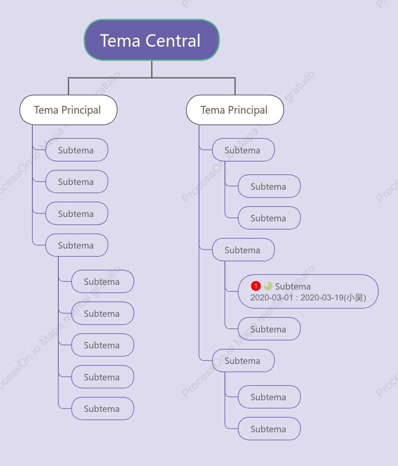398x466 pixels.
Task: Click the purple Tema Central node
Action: click(x=152, y=40)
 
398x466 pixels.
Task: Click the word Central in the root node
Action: click(x=173, y=41)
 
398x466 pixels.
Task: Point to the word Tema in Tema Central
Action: click(x=120, y=41)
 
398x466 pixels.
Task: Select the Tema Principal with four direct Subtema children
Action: click(x=69, y=110)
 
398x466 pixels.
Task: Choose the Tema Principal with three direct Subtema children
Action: click(x=235, y=110)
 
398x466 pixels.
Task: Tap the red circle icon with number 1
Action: click(x=256, y=286)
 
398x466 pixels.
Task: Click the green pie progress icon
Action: click(x=268, y=286)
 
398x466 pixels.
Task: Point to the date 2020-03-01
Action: click(x=272, y=297)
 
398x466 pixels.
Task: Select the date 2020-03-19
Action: click(x=322, y=297)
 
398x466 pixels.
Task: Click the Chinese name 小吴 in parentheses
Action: click(x=355, y=297)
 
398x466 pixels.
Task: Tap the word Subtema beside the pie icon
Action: click(x=293, y=287)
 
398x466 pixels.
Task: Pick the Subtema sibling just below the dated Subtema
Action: click(x=269, y=329)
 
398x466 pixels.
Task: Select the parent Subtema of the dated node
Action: click(x=243, y=250)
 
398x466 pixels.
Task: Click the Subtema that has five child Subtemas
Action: click(x=77, y=245)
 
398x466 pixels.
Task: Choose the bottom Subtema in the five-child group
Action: click(x=103, y=409)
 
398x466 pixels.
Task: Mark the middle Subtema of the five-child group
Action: click(x=103, y=345)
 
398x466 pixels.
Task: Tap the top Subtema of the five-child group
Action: click(x=103, y=281)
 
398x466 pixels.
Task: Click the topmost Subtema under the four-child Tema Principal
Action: click(x=77, y=150)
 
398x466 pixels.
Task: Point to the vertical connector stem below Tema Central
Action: click(x=152, y=69)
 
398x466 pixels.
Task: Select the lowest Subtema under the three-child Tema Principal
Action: click(x=269, y=428)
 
